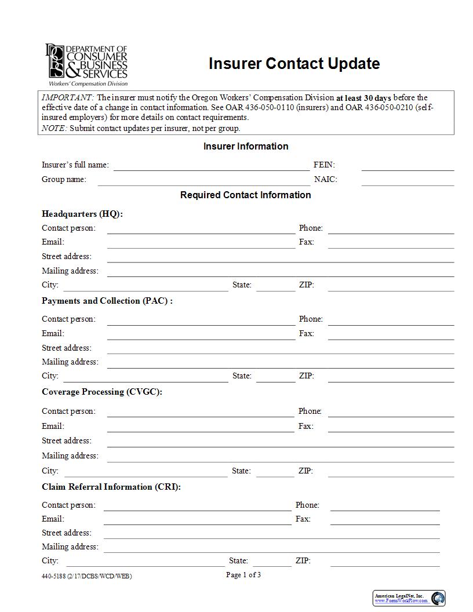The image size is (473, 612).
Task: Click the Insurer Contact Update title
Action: coord(294,64)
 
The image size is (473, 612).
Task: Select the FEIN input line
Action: coord(407,166)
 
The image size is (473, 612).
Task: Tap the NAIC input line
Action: coord(407,180)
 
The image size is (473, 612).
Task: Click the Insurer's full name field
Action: coord(211,166)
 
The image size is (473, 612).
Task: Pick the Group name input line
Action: coord(203,180)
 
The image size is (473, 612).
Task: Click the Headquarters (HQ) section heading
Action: coord(82,214)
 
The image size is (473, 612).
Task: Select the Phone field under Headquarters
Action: coord(391,229)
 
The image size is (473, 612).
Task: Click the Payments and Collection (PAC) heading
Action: coord(107,301)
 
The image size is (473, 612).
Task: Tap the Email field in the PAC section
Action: coord(201,334)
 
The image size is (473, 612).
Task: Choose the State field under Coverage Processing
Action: coord(275,472)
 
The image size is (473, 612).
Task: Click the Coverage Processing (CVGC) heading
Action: coord(102,392)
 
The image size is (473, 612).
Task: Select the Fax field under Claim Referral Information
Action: coord(385,520)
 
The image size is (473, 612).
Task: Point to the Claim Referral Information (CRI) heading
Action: coord(111,487)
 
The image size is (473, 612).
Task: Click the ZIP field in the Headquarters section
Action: coord(391,286)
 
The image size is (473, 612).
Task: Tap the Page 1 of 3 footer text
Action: coord(243,575)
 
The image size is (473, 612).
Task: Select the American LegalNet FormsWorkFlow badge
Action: coord(409,598)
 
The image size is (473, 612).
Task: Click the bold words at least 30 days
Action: coord(363,98)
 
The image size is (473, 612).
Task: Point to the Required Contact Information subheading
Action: coord(245,195)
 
